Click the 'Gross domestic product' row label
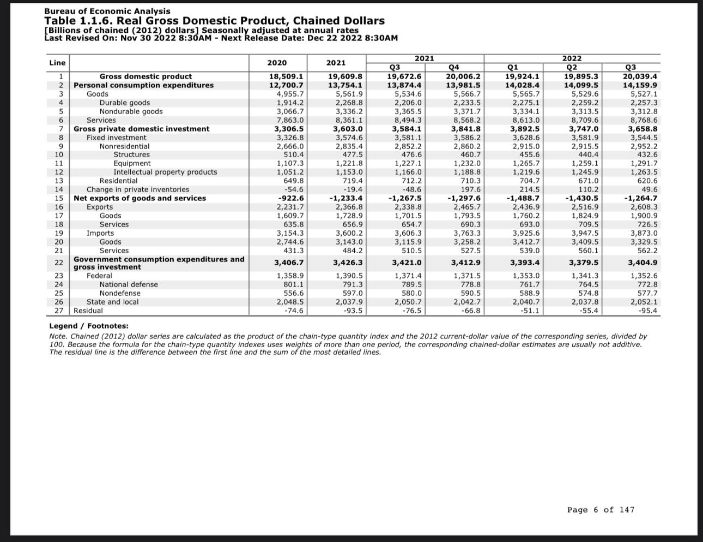point(146,76)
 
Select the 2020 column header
point(277,63)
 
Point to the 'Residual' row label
point(88,311)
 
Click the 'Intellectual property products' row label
point(165,172)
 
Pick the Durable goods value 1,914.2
point(290,103)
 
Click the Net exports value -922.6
point(291,198)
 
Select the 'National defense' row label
point(129,284)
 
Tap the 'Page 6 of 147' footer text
point(601,510)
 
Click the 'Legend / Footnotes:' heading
point(89,326)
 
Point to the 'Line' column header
point(57,63)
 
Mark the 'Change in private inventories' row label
point(138,189)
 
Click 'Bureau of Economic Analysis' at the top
point(107,11)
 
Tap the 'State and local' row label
point(112,302)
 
